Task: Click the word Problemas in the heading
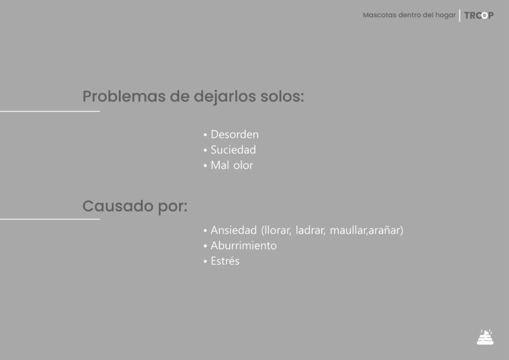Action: point(124,96)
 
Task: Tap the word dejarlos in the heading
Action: point(225,97)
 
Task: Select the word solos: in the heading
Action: point(282,96)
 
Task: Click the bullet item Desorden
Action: point(235,134)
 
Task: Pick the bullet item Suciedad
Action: point(233,150)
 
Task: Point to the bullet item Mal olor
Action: point(232,165)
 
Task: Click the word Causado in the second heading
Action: point(118,206)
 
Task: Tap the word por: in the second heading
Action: point(172,207)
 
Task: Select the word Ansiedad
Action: point(234,230)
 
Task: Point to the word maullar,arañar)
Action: point(366,231)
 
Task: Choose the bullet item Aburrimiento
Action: point(244,246)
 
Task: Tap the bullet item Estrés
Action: point(225,261)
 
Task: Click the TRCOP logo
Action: point(479,15)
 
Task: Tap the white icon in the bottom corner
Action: point(485,337)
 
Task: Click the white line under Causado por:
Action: point(50,219)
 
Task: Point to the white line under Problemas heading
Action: point(50,111)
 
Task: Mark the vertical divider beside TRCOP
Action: point(460,15)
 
